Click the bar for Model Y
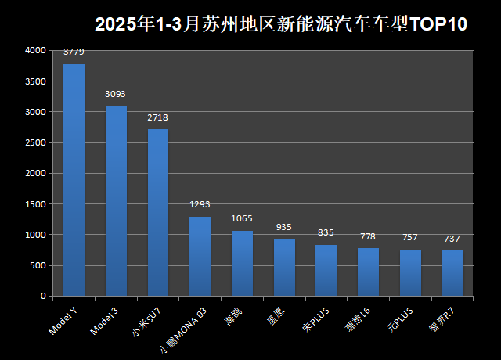pyautogui.click(x=74, y=180)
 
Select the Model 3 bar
pyautogui.click(x=116, y=201)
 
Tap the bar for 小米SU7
pyautogui.click(x=158, y=213)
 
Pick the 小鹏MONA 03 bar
pyautogui.click(x=200, y=257)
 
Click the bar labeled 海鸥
pyautogui.click(x=242, y=264)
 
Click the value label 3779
pyautogui.click(x=74, y=52)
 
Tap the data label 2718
pyautogui.click(x=158, y=117)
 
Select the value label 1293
pyautogui.click(x=200, y=205)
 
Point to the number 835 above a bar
pyautogui.click(x=326, y=233)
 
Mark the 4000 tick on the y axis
pyautogui.click(x=35, y=50)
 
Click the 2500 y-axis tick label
pyautogui.click(x=35, y=142)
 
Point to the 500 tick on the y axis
pyautogui.click(x=38, y=265)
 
